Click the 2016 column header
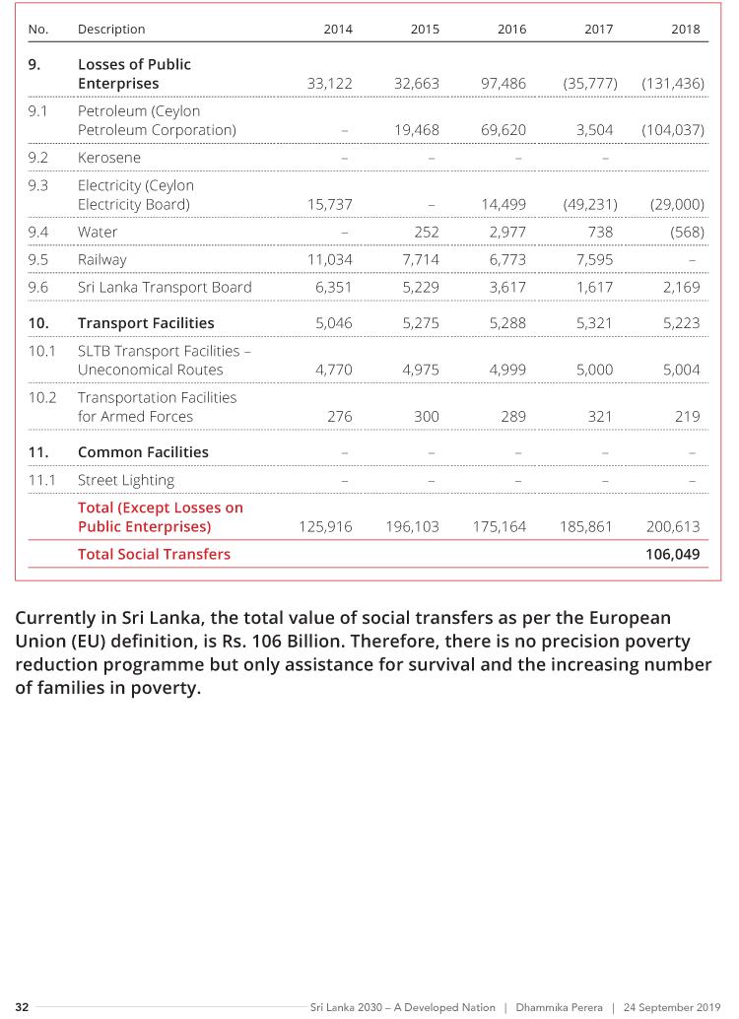point(511,30)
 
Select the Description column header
point(111,30)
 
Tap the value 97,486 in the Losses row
point(503,84)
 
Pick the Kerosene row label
point(109,158)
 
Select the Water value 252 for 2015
point(426,233)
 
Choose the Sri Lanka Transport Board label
point(165,288)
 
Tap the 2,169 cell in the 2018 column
point(682,288)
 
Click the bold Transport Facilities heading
point(146,323)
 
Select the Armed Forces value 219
point(687,416)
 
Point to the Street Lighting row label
point(126,480)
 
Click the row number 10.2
point(41,397)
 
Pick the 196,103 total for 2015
point(412,526)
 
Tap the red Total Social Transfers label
point(154,554)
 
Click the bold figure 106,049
point(672,554)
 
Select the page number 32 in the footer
point(22,1007)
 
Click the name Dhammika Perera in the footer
point(559,1007)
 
